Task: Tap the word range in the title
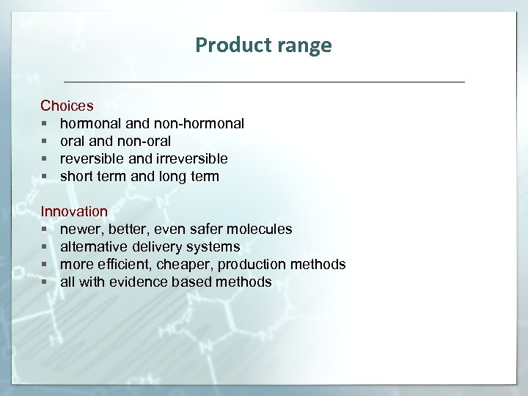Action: (x=303, y=45)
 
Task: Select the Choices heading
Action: (x=67, y=106)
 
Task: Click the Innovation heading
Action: (x=74, y=211)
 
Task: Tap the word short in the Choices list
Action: (x=76, y=176)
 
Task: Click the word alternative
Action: (x=92, y=246)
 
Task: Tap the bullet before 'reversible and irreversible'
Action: (x=45, y=158)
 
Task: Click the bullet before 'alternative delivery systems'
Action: (x=45, y=246)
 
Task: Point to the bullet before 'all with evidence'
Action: (x=45, y=282)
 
